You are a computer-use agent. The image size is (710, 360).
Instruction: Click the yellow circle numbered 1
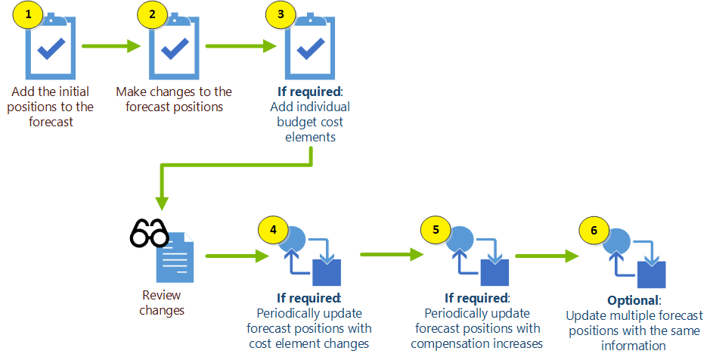click(x=28, y=14)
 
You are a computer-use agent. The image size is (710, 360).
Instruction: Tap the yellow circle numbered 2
click(x=151, y=14)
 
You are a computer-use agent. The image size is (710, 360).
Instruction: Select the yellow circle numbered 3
click(x=281, y=14)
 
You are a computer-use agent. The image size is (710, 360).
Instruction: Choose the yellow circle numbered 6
click(x=594, y=229)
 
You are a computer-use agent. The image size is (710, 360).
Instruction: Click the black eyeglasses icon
click(x=149, y=233)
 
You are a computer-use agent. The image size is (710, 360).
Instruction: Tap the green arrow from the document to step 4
click(x=231, y=256)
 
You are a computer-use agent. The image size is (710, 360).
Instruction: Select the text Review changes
click(x=162, y=303)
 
